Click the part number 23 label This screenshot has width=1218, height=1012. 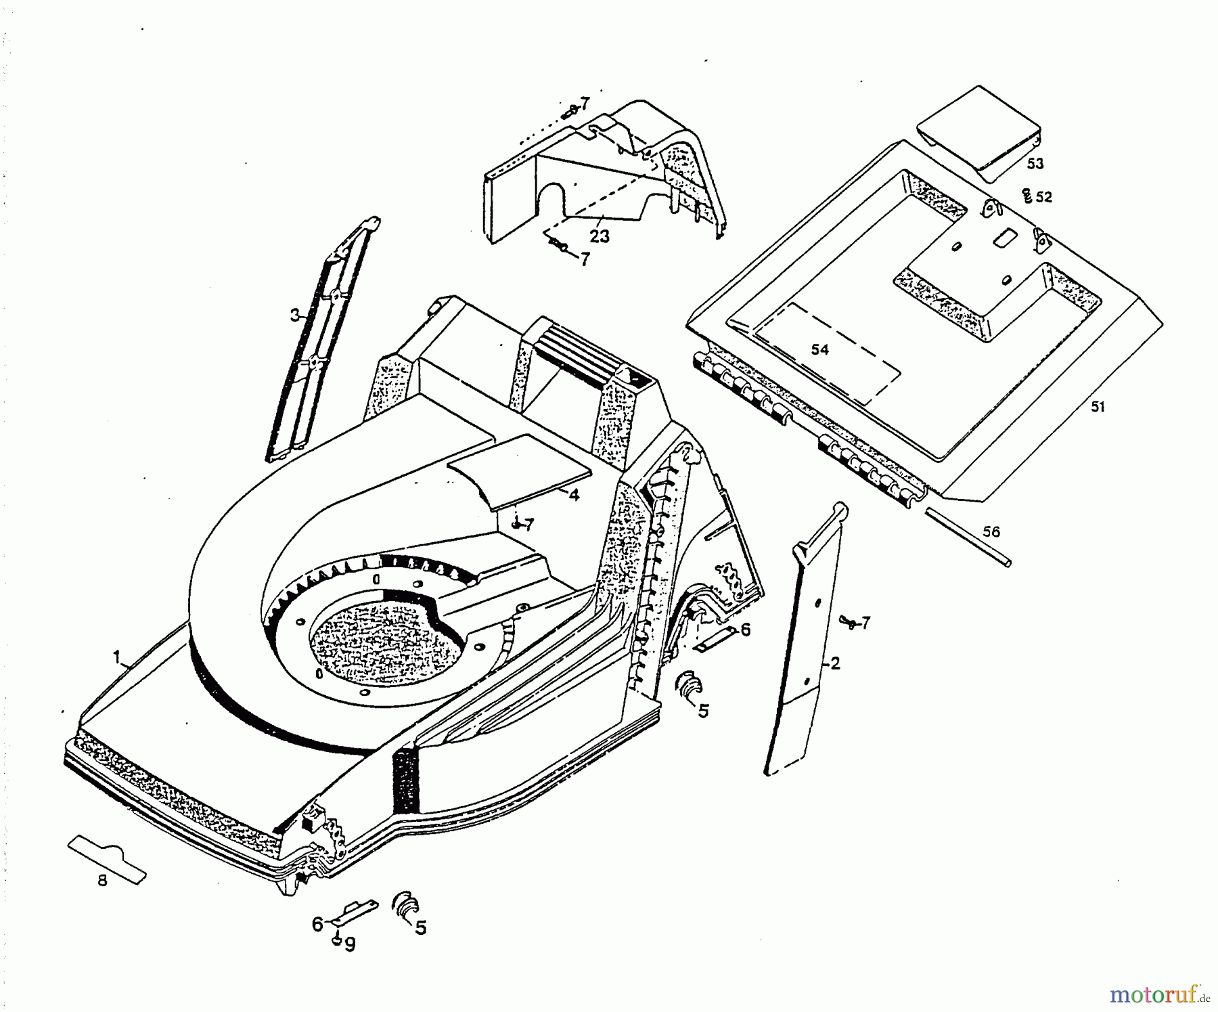(600, 236)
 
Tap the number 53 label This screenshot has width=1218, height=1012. (1035, 164)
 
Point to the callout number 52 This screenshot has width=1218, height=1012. (1044, 197)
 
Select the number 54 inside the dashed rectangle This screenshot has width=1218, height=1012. (820, 349)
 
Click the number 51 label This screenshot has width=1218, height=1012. (1097, 407)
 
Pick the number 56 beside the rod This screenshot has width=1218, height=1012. (991, 531)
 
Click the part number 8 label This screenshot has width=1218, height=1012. (102, 881)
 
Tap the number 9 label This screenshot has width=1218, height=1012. (349, 945)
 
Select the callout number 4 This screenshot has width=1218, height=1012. (574, 495)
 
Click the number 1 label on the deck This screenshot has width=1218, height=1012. (116, 657)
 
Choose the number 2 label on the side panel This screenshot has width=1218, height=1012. (835, 663)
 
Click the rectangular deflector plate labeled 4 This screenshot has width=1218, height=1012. (521, 472)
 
